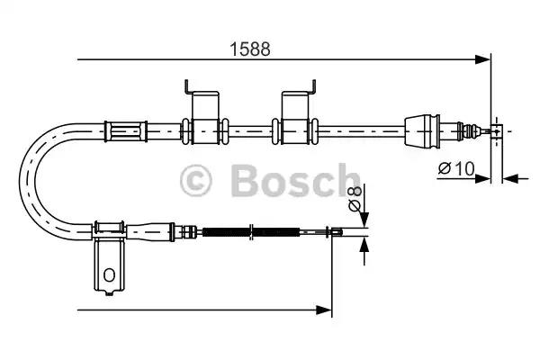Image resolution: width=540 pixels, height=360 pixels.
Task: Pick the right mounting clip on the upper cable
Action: [x=297, y=114]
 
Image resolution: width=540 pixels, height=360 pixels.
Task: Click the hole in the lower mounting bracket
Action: [x=109, y=274]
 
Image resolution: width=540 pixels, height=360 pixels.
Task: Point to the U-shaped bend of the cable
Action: [x=40, y=180]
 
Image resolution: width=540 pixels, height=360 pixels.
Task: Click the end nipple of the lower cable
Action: [x=334, y=235]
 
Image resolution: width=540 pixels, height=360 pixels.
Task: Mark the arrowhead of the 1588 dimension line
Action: [x=484, y=60]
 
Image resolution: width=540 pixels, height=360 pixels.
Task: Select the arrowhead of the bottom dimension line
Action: [x=326, y=310]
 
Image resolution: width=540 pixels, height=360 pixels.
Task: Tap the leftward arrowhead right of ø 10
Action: [x=508, y=176]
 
